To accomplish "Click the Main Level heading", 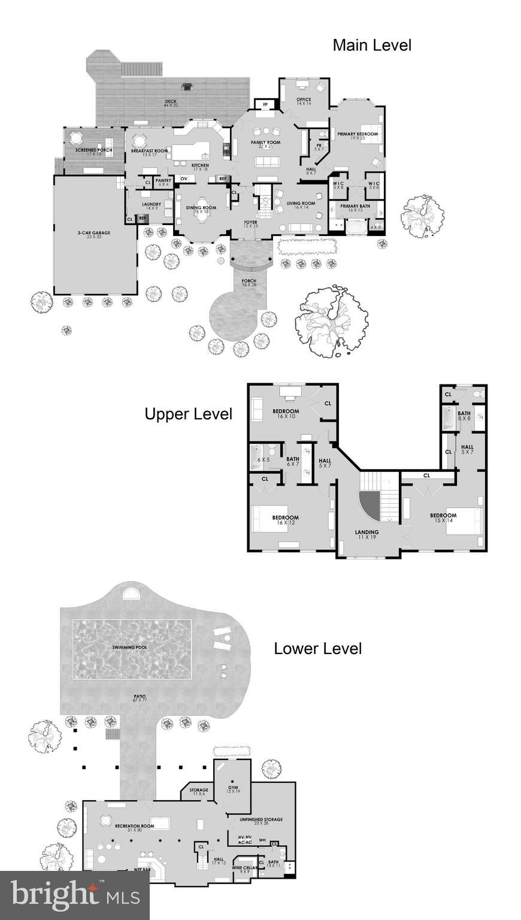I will (x=372, y=45).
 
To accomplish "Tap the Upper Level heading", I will (x=188, y=414).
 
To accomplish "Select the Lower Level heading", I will (x=317, y=648).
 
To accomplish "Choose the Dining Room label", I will (x=198, y=209).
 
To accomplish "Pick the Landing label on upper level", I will (x=366, y=533).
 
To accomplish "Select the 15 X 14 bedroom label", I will (x=443, y=517).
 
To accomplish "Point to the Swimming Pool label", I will (x=130, y=647).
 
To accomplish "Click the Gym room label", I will (x=233, y=788).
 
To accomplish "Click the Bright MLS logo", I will (x=75, y=895).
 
